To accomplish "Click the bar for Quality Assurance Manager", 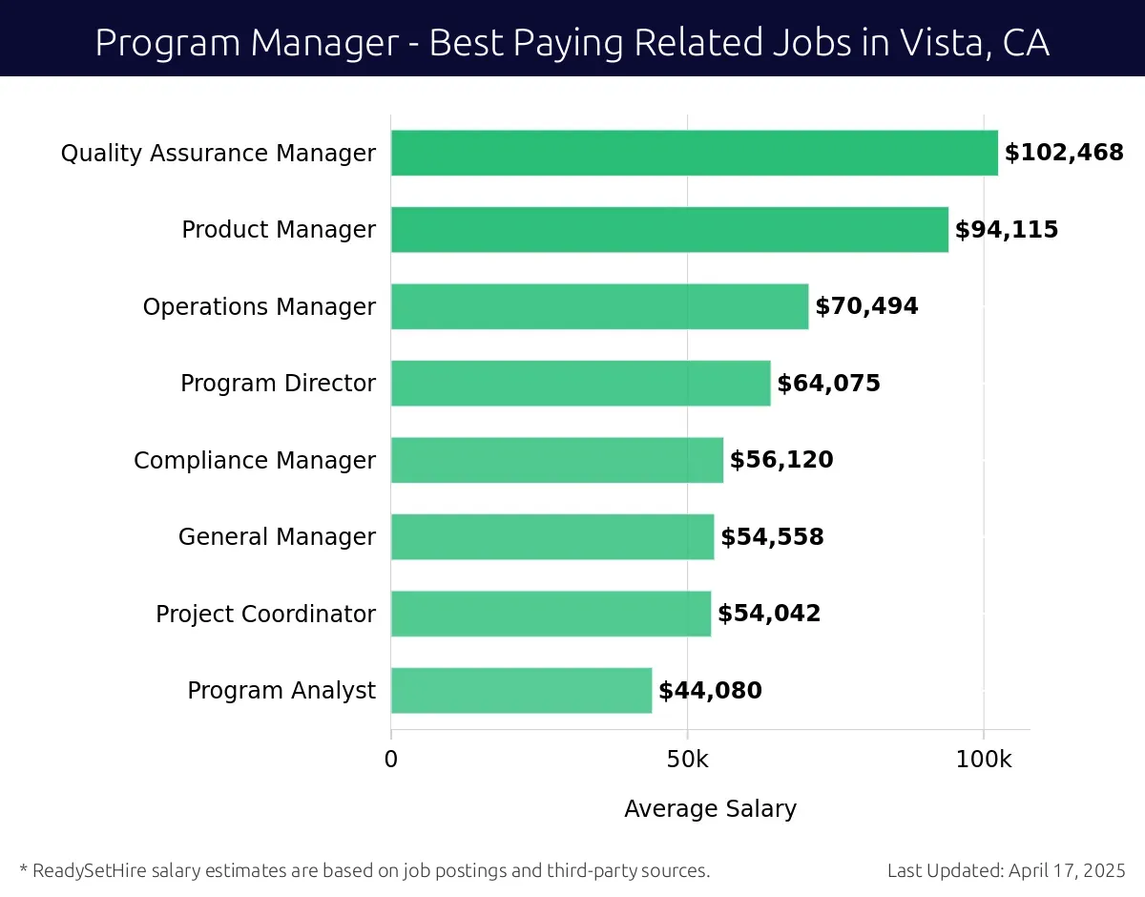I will point(694,153).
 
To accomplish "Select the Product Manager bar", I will point(669,230).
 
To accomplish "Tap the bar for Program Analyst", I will point(521,690).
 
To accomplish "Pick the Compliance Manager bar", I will point(556,460).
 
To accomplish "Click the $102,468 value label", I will point(1064,153).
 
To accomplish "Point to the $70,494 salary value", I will point(866,306).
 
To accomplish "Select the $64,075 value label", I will point(828,384).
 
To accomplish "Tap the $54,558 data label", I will point(772,537).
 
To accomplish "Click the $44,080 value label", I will point(710,690).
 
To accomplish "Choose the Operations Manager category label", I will point(259,306).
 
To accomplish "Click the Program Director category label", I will point(278,384).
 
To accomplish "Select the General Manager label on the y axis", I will point(277,537).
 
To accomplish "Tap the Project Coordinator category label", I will point(265,614).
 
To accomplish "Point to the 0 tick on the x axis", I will point(391,760).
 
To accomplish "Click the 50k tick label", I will point(687,760).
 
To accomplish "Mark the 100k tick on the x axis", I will point(984,760).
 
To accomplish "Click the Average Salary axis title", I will point(710,809).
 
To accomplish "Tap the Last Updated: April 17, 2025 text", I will point(1006,870).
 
